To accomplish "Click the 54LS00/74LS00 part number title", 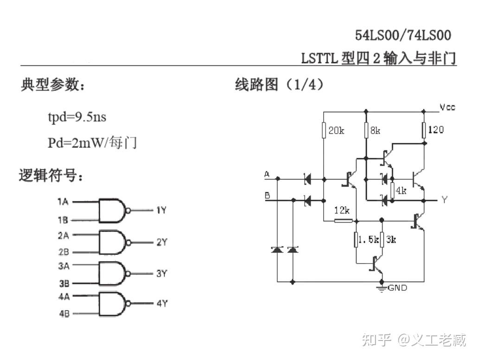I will coord(403,35).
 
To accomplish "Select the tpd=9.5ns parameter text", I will coord(77,117).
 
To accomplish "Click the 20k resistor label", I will coord(337,131).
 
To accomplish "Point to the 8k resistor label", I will coord(375,131).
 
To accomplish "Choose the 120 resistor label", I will coord(435,130).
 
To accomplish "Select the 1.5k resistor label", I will coord(369,239).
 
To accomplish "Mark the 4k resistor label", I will coord(401,190).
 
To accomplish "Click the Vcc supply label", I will coord(447,107).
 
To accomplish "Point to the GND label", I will coord(397,288).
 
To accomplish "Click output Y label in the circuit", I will coord(444,200).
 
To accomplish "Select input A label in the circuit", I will coord(267,174).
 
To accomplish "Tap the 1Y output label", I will coord(161,211).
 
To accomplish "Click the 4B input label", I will coord(64,314).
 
